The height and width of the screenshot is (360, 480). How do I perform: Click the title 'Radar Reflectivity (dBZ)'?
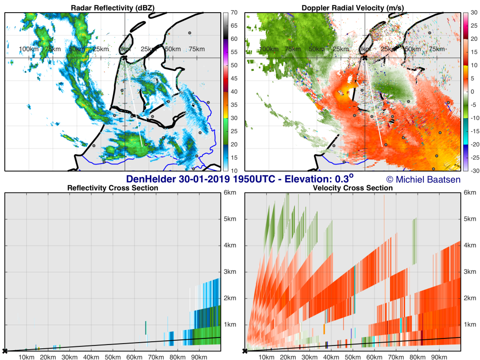coord(112,7)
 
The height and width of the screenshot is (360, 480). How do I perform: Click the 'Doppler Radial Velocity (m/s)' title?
coord(352,7)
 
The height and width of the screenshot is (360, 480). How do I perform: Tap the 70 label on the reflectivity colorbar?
coord(234,13)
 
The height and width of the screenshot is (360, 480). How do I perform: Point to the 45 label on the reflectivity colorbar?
coord(234,78)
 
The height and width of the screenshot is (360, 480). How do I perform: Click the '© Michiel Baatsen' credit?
coord(423,180)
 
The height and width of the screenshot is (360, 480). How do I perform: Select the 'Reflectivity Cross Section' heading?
coord(112,188)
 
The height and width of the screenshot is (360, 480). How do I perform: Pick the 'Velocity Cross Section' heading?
coord(352,188)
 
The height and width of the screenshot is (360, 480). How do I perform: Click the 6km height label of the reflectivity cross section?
coord(230,193)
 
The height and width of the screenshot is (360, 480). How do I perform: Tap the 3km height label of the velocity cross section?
coord(470,271)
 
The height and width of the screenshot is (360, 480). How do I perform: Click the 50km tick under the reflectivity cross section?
coord(112,357)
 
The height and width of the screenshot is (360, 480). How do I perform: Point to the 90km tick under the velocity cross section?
coord(439,357)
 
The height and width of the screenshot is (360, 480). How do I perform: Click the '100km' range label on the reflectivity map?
coord(29,49)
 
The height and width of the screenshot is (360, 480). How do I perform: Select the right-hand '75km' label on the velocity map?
coord(436,49)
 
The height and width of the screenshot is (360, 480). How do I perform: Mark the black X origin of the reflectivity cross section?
coord(5,351)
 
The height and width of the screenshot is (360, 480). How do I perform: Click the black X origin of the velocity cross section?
coord(245,351)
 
